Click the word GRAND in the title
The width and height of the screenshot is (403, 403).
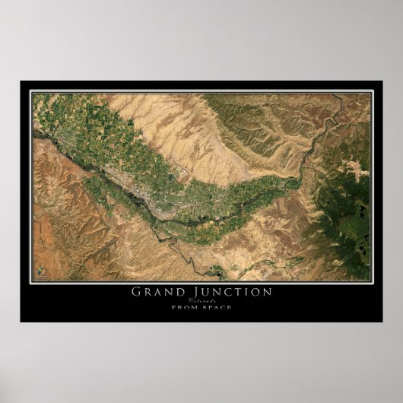coord(157,290)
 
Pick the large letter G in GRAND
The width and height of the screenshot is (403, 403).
coord(137,290)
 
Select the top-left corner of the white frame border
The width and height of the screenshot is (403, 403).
coord(31,92)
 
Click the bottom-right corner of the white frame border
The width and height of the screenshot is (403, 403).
coord(372,281)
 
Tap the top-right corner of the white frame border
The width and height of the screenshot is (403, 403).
coord(372,92)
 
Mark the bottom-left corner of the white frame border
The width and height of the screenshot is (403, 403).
coord(31,281)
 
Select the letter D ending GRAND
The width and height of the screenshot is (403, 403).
coord(177,290)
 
